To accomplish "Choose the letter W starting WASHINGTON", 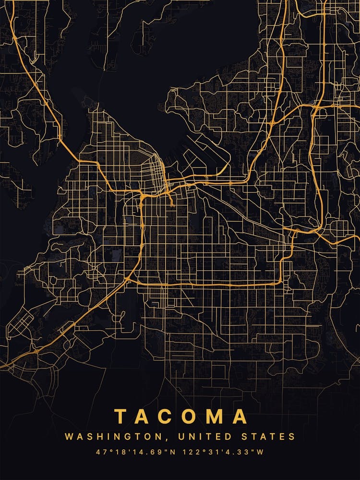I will point(69,437).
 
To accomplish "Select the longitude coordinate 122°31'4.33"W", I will point(223,452).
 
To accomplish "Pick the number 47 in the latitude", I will point(100,452).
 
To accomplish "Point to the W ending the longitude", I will point(261,452).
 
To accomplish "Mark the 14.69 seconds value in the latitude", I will point(147,452).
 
